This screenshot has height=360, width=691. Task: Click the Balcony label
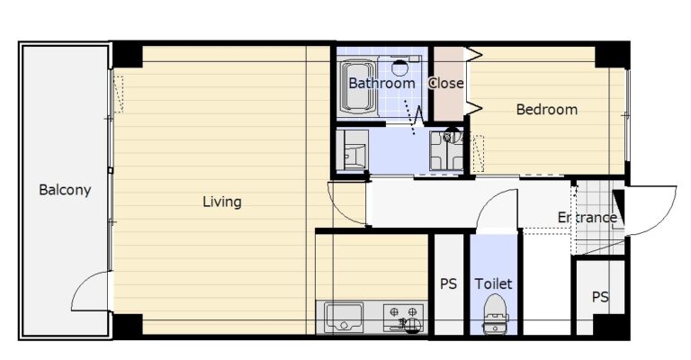(65, 190)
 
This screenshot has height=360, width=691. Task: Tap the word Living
(221, 202)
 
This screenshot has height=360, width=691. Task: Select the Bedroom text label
(546, 109)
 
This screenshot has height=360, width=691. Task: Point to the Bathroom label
(381, 83)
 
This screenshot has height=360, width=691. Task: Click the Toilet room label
(493, 283)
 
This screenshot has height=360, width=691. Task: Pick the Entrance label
(587, 217)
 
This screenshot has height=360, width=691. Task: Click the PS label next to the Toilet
(448, 284)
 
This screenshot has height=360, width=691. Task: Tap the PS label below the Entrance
(600, 297)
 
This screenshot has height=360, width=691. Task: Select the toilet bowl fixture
(496, 314)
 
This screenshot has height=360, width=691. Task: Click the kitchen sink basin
(344, 317)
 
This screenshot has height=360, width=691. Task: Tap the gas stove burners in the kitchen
(404, 317)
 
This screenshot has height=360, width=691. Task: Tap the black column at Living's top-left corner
(128, 56)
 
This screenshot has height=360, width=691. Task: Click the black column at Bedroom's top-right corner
(612, 56)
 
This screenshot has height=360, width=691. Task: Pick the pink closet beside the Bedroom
(448, 84)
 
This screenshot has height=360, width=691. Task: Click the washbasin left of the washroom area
(352, 149)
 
